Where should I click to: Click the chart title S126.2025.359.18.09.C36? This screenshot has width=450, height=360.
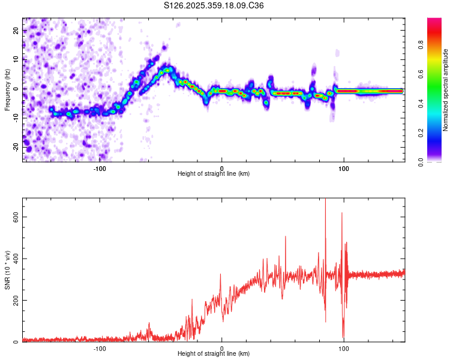point(214,5)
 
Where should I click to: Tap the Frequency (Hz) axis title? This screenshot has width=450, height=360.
point(7,89)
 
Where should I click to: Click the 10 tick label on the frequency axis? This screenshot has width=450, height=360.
point(16,60)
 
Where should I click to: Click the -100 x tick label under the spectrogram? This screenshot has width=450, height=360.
point(100,167)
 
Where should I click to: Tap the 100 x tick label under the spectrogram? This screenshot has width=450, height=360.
point(344,167)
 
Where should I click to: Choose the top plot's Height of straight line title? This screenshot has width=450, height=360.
point(214,173)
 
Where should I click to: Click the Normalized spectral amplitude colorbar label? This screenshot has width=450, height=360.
point(446,90)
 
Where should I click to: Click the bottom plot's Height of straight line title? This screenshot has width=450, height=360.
point(214,353)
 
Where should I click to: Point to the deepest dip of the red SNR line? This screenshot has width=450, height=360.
point(343,338)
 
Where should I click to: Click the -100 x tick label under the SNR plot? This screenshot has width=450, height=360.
point(100,347)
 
